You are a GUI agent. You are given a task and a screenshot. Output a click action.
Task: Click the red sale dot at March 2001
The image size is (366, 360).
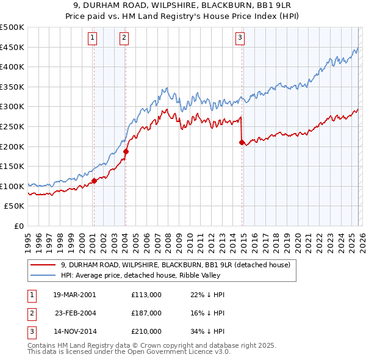94,181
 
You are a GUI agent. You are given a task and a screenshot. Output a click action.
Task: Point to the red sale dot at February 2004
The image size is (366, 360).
126,151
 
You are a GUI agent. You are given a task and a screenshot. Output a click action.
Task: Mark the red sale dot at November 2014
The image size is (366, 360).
242,142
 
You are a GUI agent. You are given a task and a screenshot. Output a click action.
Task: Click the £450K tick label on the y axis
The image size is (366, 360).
12,47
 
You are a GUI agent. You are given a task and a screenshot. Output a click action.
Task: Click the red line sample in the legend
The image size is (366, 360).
43,265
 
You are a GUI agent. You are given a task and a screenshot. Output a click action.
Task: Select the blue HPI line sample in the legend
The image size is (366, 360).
43,275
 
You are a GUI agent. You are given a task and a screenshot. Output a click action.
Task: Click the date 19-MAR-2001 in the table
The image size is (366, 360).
74,295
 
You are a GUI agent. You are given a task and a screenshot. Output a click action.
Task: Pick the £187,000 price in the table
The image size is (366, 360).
146,312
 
